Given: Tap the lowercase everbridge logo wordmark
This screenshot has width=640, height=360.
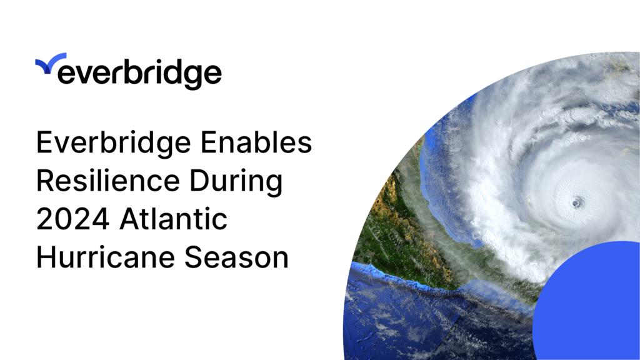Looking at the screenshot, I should (139, 74).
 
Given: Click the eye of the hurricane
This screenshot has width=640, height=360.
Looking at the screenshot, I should (576, 203).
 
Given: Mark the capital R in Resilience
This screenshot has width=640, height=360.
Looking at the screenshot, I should (45, 183).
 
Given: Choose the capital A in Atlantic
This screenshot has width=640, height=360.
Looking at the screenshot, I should (127, 221).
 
